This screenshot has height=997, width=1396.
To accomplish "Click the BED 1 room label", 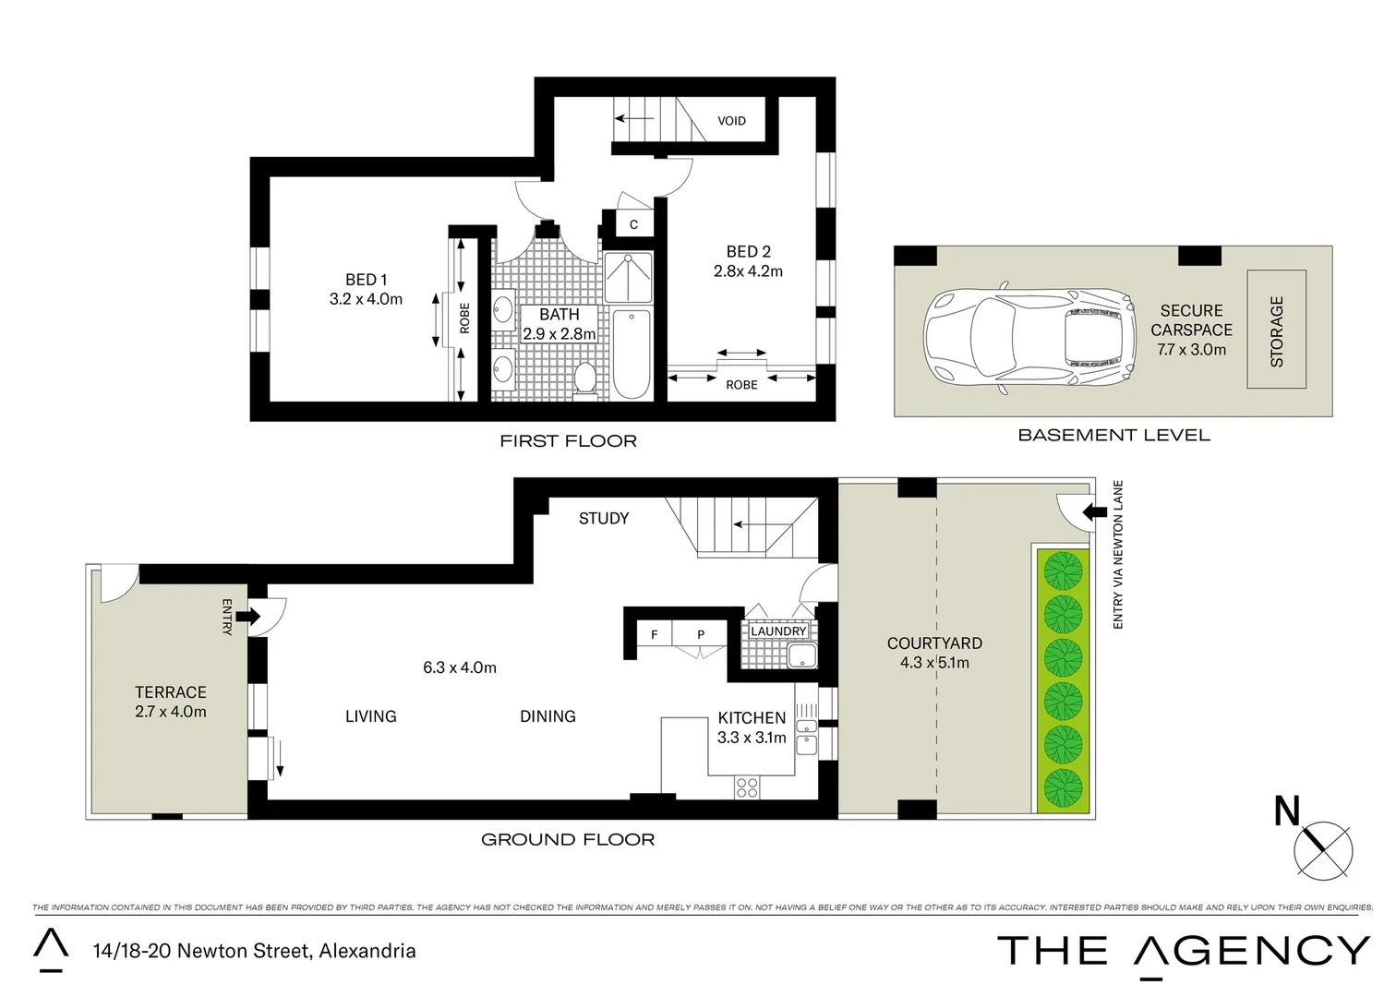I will pyautogui.click(x=366, y=279).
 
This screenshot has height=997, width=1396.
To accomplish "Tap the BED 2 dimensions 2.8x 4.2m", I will pyautogui.click(x=748, y=271).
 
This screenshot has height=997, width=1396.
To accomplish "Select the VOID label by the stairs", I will pyautogui.click(x=731, y=121).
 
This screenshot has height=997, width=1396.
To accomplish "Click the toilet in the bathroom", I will pyautogui.click(x=584, y=378).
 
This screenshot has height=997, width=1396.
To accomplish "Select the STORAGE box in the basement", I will pyautogui.click(x=1276, y=330).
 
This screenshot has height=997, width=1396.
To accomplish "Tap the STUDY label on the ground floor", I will pyautogui.click(x=603, y=519).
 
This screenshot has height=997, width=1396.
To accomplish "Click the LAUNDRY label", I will pyautogui.click(x=778, y=631).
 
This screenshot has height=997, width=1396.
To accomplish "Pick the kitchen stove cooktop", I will pyautogui.click(x=746, y=787).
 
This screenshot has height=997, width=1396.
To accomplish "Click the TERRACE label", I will pyautogui.click(x=171, y=691).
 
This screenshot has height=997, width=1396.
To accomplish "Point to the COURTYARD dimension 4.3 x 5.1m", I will pyautogui.click(x=934, y=663).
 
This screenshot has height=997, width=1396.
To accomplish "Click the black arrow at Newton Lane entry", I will pyautogui.click(x=1096, y=511).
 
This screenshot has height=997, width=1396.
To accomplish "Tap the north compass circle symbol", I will pyautogui.click(x=1323, y=847).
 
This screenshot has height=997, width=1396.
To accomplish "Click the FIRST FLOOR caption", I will pyautogui.click(x=568, y=441).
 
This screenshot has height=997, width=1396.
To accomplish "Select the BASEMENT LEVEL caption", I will pyautogui.click(x=1113, y=435).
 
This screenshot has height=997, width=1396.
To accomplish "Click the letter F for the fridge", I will pyautogui.click(x=655, y=634).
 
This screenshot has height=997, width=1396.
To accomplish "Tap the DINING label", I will pyautogui.click(x=548, y=716).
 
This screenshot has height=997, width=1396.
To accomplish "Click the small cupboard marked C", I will pyautogui.click(x=633, y=224).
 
